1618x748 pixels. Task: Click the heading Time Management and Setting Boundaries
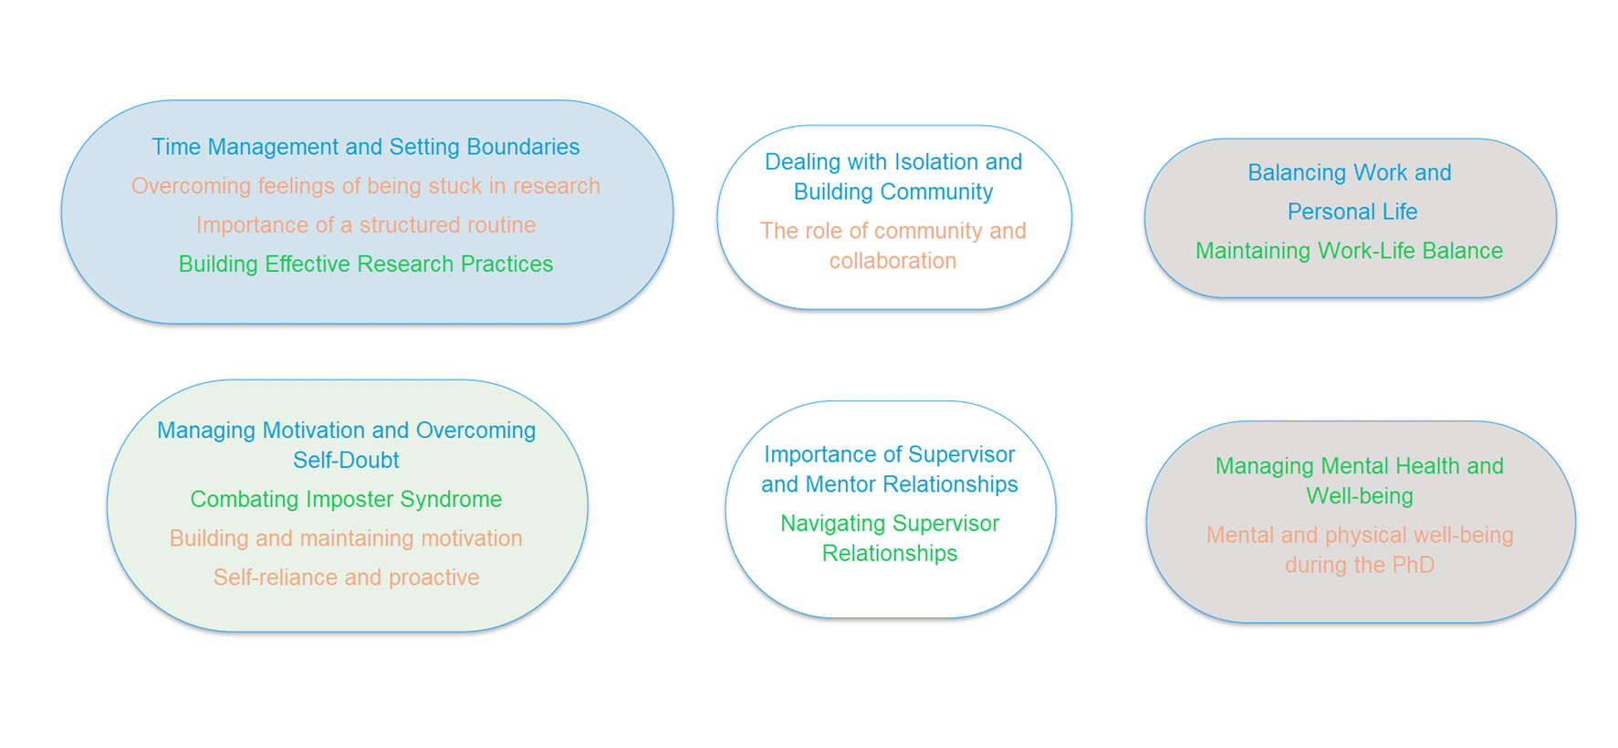point(365,147)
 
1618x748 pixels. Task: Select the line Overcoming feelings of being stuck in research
point(365,186)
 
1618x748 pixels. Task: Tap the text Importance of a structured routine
point(365,224)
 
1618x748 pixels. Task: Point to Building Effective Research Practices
point(365,264)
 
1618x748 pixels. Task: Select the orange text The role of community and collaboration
point(893,245)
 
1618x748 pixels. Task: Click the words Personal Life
point(1352,212)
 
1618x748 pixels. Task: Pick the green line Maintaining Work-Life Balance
point(1349,251)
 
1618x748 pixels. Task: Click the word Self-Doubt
point(346,460)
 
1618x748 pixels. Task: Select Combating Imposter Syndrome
point(346,499)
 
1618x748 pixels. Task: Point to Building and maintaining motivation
point(346,538)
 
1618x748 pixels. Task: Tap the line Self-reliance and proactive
point(346,577)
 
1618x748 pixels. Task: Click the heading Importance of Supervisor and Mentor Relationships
point(890,469)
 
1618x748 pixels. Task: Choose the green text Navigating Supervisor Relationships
point(890,538)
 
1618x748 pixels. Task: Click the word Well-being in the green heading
point(1360,496)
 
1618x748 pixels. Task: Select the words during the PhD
point(1360,565)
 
